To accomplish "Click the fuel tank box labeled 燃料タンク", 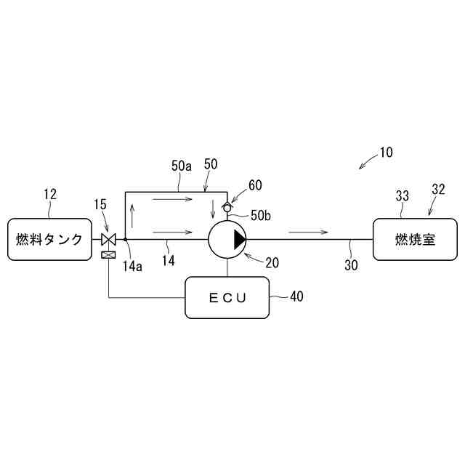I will (49, 239).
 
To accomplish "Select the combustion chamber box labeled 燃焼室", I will (416, 239).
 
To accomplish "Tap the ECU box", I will (227, 297).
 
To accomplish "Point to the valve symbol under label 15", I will (108, 239).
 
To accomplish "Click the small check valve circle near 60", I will (227, 208).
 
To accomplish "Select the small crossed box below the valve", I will (108, 255).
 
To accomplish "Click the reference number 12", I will (49, 195).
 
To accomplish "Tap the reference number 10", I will (385, 153).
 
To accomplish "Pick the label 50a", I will (182, 166).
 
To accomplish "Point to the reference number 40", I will (296, 296).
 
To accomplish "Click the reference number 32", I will (438, 190).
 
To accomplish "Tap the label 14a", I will (132, 266).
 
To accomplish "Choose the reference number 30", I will (351, 265).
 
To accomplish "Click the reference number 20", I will (271, 263).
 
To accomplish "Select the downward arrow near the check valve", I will (213, 208).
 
